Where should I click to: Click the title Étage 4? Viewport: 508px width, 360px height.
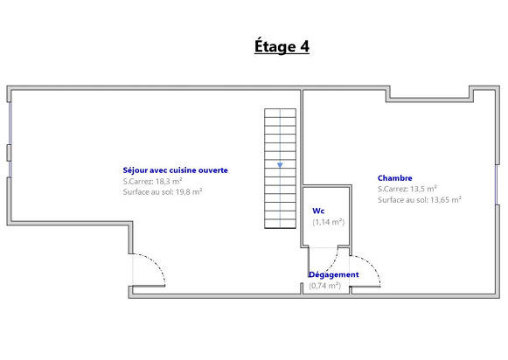pos(282,46)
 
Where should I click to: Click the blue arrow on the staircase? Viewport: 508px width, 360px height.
pos(280,163)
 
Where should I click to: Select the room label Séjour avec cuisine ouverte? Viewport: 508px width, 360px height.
pos(175,170)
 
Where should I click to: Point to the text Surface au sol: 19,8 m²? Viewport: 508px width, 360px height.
pos(163,191)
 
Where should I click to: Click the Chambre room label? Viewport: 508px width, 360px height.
pos(395,177)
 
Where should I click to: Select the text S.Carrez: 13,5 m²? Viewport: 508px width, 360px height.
pos(407,189)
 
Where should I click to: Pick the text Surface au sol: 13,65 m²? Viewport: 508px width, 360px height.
pos(420,199)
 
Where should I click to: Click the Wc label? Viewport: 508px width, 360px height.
pos(318,211)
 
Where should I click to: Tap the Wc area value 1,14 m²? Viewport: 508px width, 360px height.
pos(329,222)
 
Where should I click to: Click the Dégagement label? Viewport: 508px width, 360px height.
pos(333,274)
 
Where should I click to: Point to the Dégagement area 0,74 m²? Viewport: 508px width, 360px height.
pos(324,285)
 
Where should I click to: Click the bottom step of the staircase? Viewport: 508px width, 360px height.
pos(280,224)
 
